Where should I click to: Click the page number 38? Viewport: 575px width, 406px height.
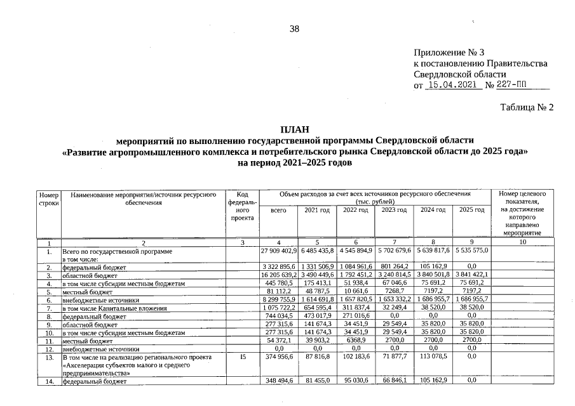(294, 29)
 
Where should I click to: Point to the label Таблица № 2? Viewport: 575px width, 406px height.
(527, 107)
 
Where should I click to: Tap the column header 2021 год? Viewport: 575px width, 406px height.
(317, 210)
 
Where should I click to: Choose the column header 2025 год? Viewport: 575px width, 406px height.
(471, 210)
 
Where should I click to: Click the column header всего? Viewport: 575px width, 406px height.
(278, 210)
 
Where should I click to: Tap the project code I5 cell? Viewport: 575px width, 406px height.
(242, 357)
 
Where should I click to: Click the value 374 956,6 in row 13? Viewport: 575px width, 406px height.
(278, 357)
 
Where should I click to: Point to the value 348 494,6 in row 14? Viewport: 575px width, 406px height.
(278, 381)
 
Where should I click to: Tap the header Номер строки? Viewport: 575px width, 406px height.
(49, 198)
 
